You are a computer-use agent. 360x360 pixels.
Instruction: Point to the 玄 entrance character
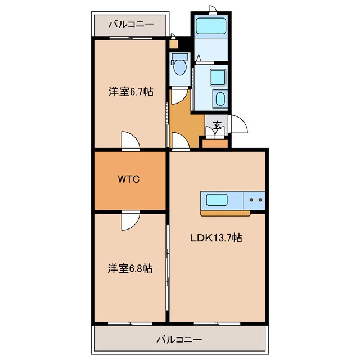(x=217, y=125)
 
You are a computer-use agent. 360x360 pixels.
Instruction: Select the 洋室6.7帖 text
(x=130, y=92)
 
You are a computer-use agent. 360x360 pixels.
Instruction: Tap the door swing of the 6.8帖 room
(x=129, y=220)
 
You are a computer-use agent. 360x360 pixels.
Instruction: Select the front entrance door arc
(x=238, y=124)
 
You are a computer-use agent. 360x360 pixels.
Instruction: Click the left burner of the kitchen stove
(x=251, y=199)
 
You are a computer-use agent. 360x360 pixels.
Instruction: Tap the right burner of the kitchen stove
(x=260, y=199)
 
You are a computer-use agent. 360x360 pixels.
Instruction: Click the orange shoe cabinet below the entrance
(x=214, y=143)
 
